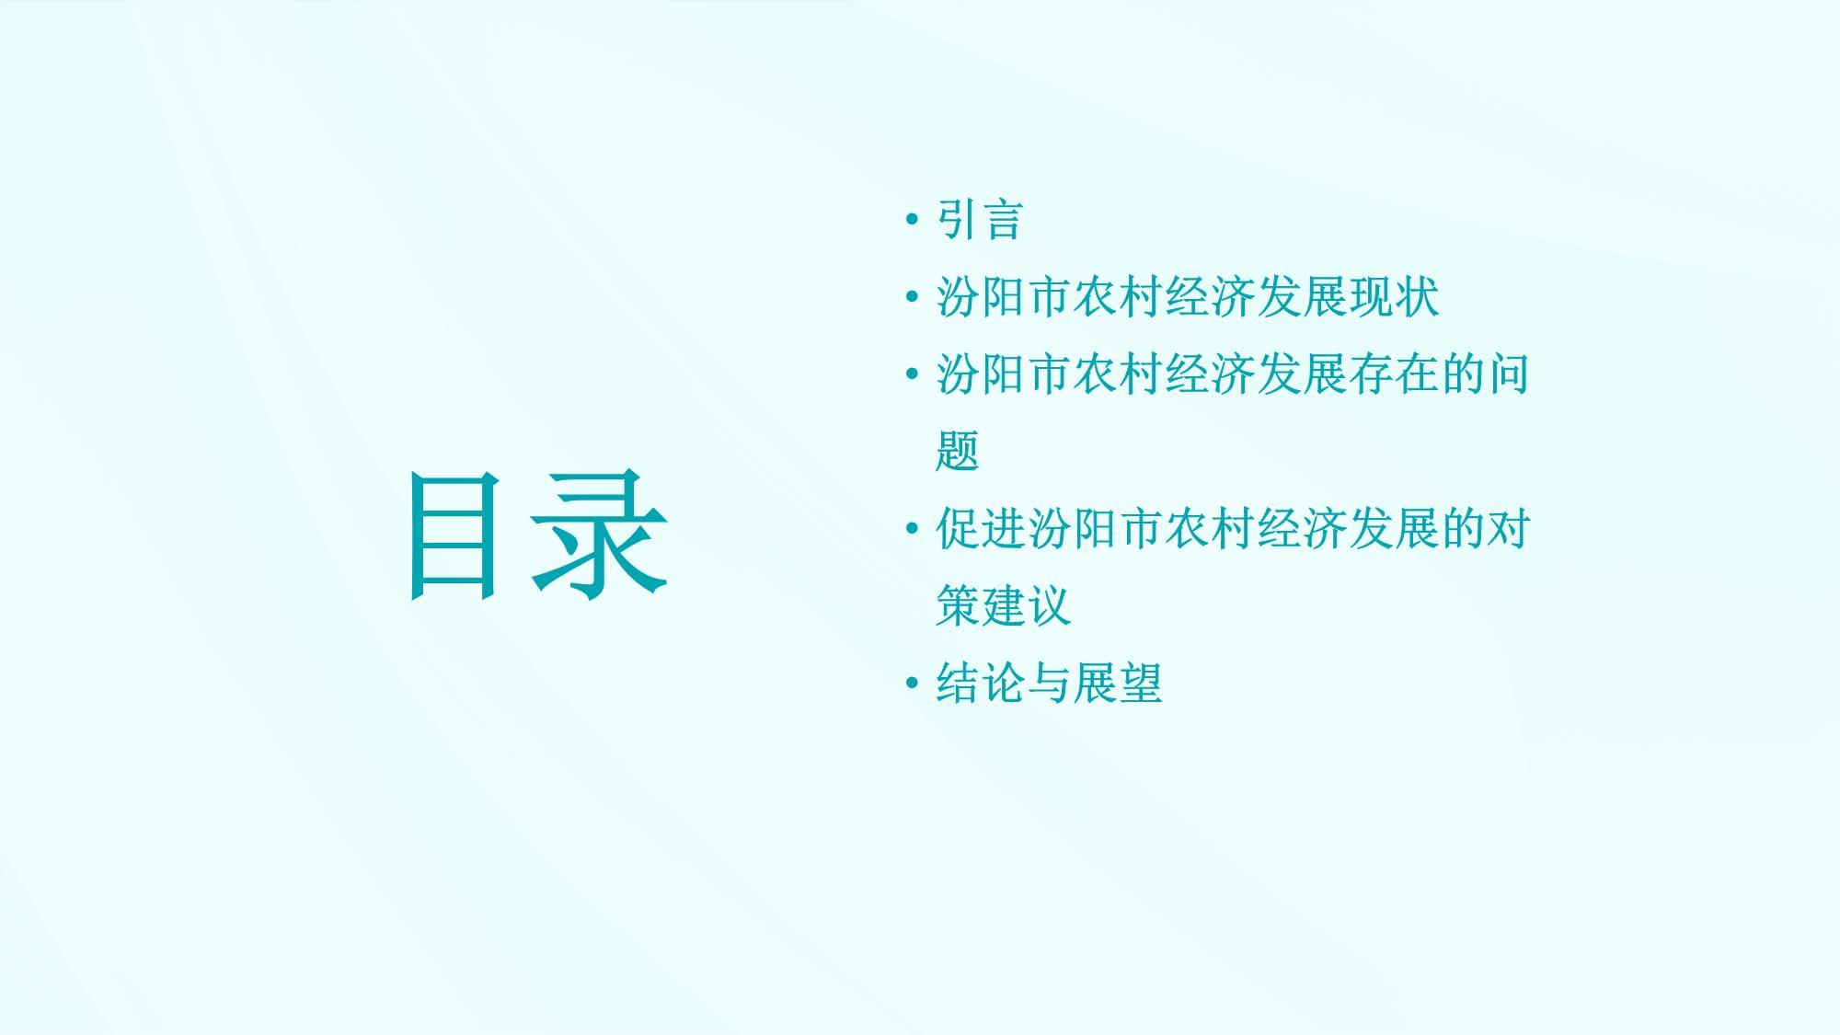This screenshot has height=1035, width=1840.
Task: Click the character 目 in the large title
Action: [454, 536]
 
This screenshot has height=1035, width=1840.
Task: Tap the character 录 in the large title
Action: [599, 535]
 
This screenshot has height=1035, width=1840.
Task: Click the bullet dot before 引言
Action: [912, 220]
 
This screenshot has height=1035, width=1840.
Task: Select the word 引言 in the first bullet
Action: [980, 220]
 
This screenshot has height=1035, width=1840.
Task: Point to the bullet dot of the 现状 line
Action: [912, 297]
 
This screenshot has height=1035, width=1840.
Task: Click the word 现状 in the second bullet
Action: [1394, 297]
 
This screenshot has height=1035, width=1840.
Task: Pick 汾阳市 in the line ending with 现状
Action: [1003, 297]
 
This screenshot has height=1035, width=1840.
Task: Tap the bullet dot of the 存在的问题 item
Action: [912, 374]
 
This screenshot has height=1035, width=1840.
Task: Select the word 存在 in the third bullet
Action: [1394, 374]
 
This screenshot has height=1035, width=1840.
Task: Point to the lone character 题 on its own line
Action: [958, 452]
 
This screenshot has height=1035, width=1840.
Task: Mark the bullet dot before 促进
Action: [912, 529]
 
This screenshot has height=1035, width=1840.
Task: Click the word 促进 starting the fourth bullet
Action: [981, 529]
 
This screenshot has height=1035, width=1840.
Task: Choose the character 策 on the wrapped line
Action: [958, 606]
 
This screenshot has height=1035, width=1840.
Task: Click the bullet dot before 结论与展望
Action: [912, 684]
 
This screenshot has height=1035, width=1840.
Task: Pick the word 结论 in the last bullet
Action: [981, 684]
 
